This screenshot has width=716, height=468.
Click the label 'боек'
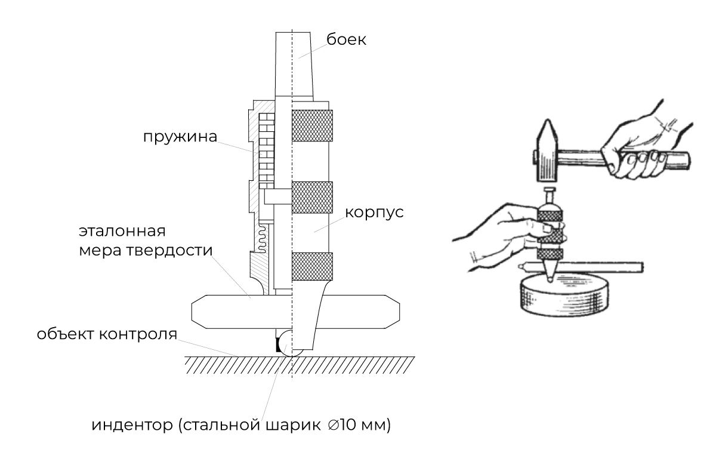(x=346, y=41)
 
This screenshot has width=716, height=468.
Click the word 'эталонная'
(x=121, y=231)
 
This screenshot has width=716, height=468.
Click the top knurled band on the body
(x=311, y=126)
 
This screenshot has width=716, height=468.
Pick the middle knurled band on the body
(x=311, y=196)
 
